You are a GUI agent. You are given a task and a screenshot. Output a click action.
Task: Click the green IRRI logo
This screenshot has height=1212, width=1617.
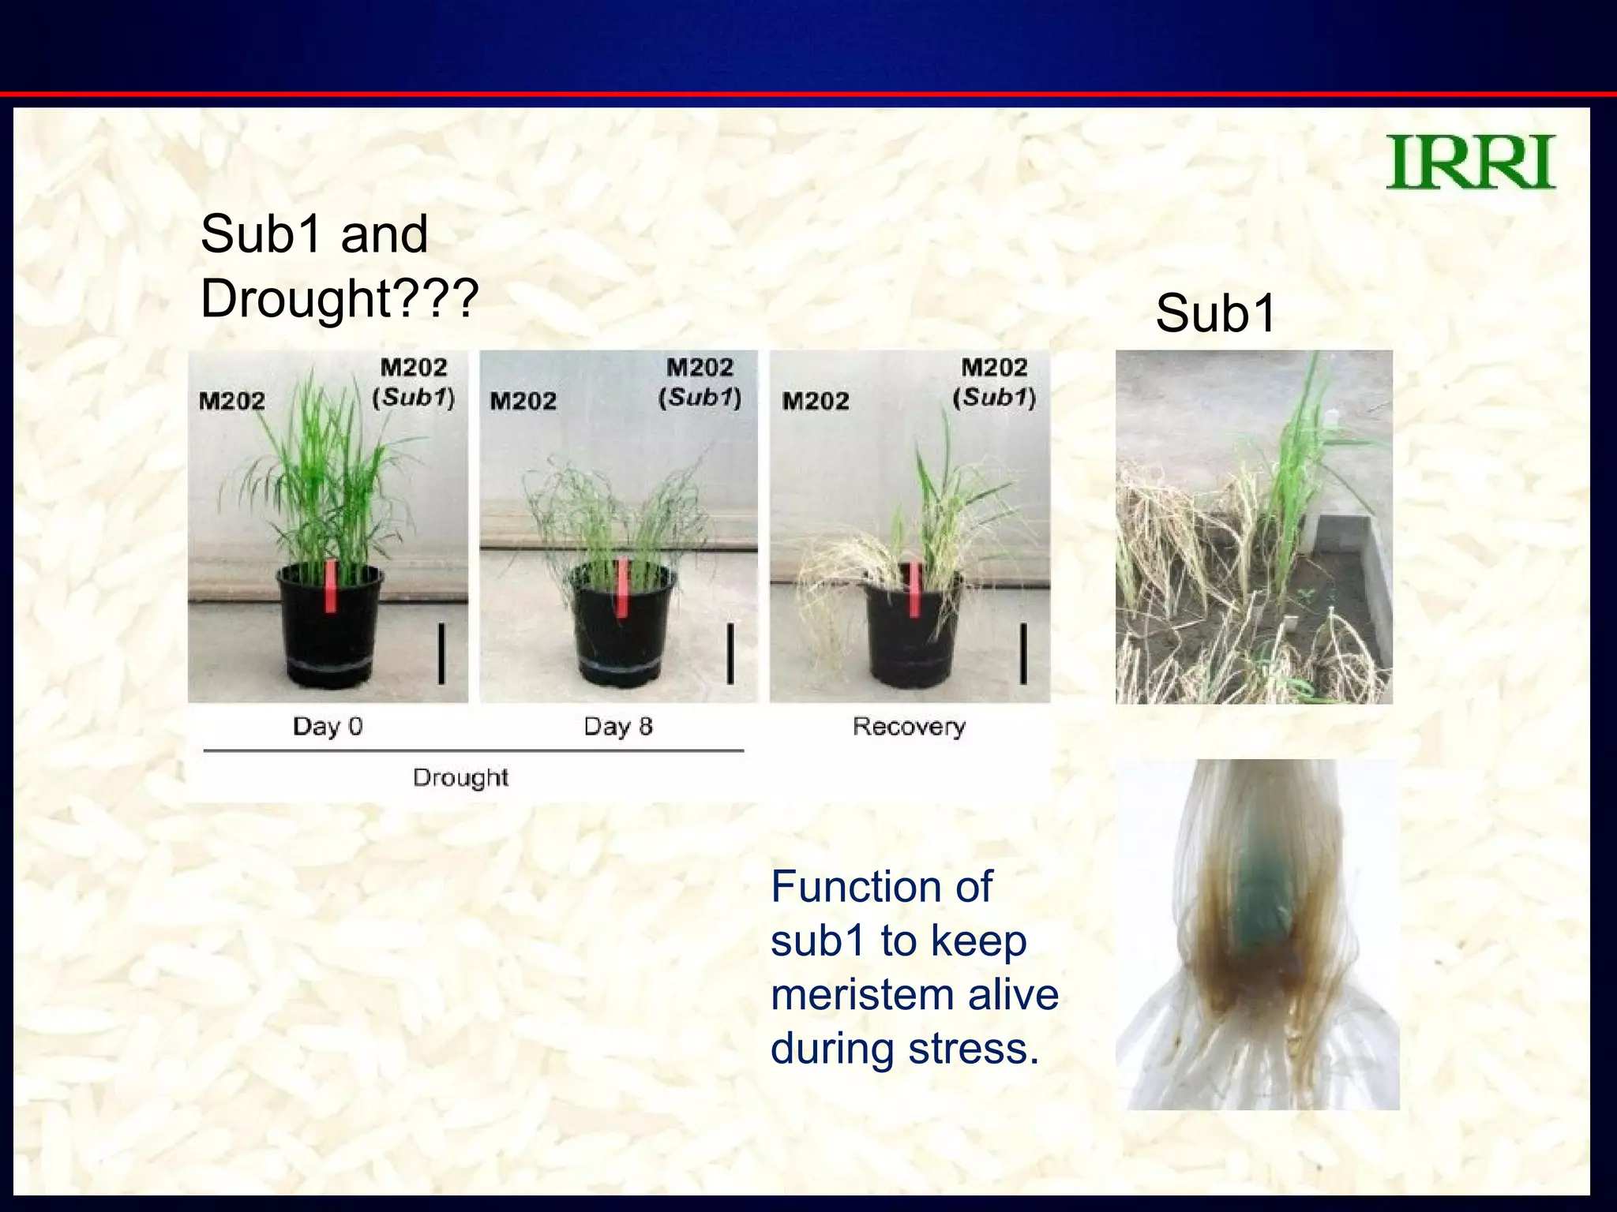[1470, 163]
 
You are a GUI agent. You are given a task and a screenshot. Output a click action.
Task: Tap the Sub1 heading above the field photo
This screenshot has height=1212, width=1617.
[1215, 313]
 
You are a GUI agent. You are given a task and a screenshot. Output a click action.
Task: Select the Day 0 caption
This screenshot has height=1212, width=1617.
[327, 726]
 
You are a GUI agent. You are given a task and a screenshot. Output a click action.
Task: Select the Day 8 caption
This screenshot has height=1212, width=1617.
[617, 726]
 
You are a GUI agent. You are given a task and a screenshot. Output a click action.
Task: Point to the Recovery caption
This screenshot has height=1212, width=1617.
[909, 726]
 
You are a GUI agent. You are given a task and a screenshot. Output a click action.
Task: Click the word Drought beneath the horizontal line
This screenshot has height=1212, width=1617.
[460, 777]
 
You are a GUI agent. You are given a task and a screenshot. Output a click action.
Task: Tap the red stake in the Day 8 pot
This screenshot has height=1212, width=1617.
[622, 588]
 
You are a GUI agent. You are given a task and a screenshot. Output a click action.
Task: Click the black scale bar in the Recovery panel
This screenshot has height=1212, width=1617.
[1023, 653]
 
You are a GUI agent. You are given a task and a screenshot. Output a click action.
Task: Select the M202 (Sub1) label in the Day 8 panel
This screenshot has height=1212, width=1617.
[700, 382]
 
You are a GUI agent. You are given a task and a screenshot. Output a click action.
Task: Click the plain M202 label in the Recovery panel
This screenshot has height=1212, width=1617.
[816, 401]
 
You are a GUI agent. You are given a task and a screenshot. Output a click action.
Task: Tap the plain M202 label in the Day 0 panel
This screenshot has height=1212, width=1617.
[232, 401]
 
